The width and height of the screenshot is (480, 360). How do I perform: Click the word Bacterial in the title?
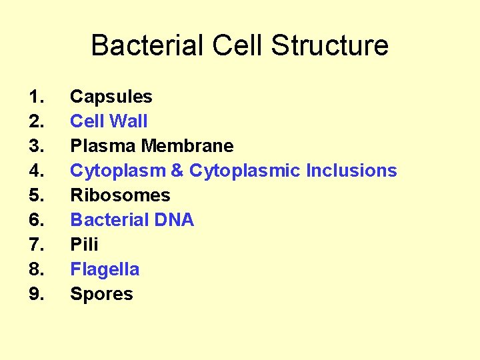(147, 46)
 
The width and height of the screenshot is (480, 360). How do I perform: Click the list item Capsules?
(111, 97)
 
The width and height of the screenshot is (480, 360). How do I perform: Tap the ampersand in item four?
(177, 171)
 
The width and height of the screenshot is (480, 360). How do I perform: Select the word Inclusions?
(351, 171)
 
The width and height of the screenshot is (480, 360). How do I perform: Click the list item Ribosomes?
(120, 195)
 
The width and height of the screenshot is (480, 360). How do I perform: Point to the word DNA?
(173, 220)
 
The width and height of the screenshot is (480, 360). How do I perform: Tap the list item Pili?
(84, 245)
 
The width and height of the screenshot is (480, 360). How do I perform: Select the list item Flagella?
(105, 269)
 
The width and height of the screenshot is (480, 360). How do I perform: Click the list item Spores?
(101, 294)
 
